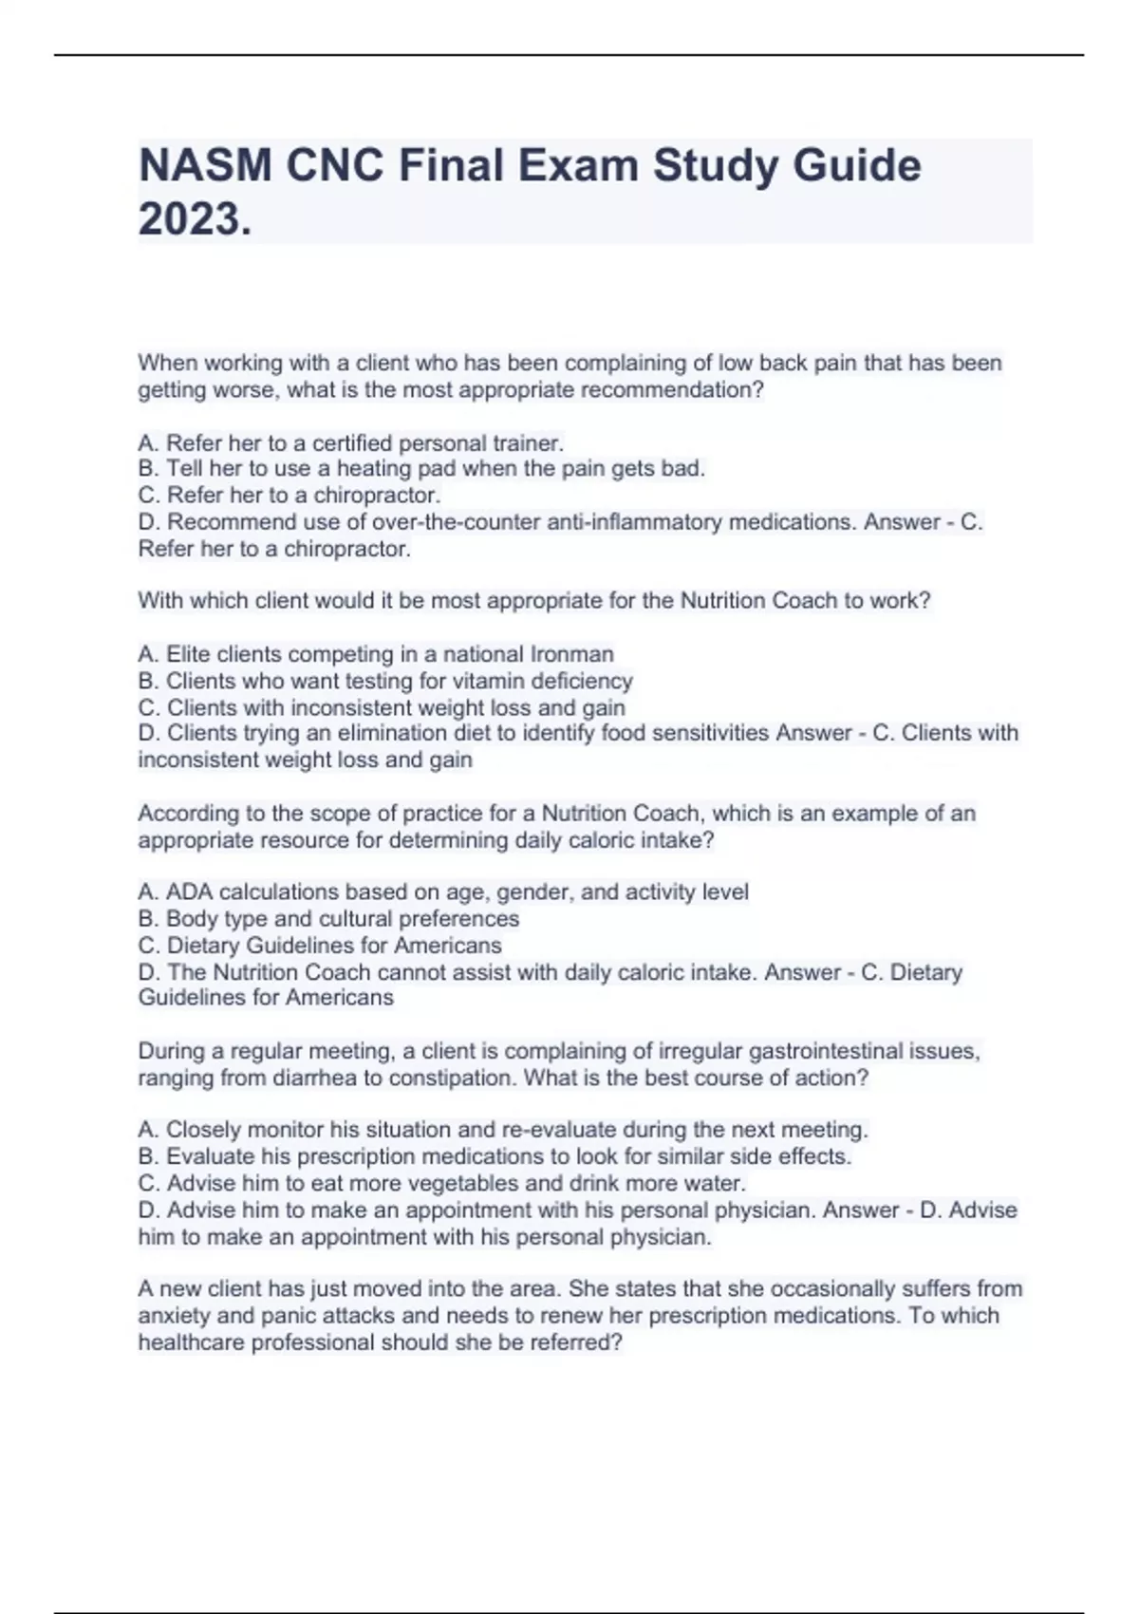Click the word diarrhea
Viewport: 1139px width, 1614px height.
(x=316, y=1078)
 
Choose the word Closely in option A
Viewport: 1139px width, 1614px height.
(x=201, y=1130)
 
